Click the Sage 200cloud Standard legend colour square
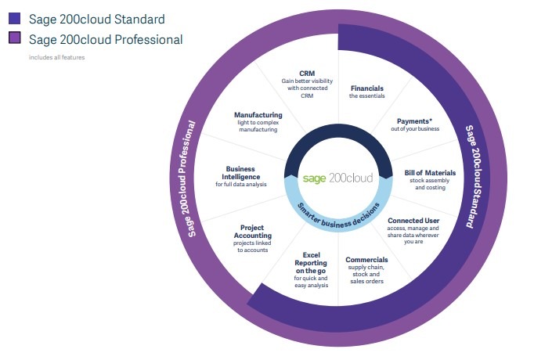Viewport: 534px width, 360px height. pyautogui.click(x=15, y=18)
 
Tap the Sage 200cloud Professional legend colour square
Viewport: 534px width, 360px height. pyautogui.click(x=15, y=38)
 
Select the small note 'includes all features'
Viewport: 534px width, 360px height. pyautogui.click(x=57, y=57)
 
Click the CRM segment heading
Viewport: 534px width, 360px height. pyautogui.click(x=307, y=73)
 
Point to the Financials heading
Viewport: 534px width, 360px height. pyautogui.click(x=366, y=88)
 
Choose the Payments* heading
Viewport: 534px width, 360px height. pyautogui.click(x=414, y=121)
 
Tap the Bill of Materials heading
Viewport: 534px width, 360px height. pyautogui.click(x=430, y=173)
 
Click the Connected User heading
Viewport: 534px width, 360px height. pyautogui.click(x=413, y=221)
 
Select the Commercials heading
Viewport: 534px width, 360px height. pyautogui.click(x=366, y=260)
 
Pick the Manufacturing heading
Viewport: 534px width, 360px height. pyautogui.click(x=258, y=115)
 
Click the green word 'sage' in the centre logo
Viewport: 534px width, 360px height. pyautogui.click(x=314, y=178)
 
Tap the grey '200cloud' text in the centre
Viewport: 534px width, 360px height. pyautogui.click(x=351, y=178)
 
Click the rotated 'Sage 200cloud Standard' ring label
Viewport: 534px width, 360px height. pyautogui.click(x=475, y=177)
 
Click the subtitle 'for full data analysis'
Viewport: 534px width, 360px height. pyautogui.click(x=241, y=185)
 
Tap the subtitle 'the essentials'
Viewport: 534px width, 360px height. pyautogui.click(x=366, y=96)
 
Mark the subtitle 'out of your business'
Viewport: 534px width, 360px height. pyautogui.click(x=415, y=129)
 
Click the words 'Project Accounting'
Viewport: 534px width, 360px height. pyautogui.click(x=252, y=232)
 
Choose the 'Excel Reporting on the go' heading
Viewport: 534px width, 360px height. pyautogui.click(x=311, y=263)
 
